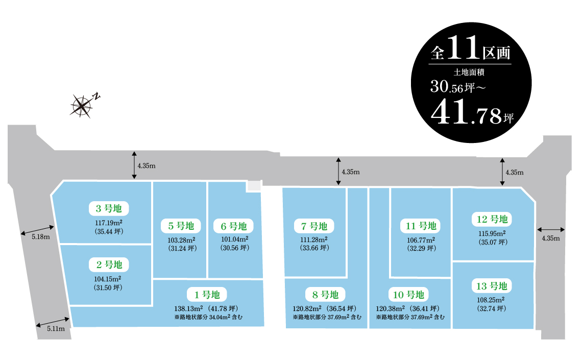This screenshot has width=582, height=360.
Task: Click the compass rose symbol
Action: click(82, 105)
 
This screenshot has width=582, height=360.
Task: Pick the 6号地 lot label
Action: click(234, 226)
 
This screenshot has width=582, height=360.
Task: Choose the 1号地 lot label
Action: click(207, 294)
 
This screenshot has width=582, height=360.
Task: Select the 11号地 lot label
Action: click(421, 226)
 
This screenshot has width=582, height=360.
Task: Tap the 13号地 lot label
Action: click(492, 285)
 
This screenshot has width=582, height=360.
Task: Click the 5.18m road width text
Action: click(40, 237)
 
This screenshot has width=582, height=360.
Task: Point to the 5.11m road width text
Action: click(56, 329)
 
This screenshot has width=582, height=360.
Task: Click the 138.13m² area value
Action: click(189, 309)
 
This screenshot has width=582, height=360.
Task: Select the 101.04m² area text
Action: click(234, 239)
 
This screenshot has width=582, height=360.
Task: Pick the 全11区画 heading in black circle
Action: click(470, 51)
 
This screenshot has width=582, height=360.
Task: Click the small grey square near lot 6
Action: click(254, 186)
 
